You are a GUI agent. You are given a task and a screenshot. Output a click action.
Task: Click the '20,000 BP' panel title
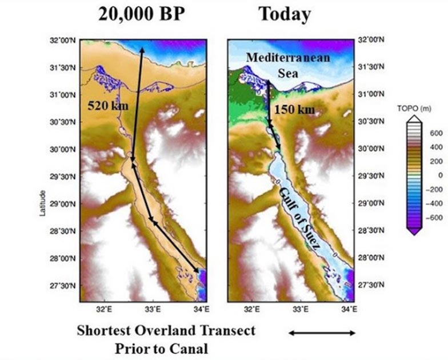(142, 13)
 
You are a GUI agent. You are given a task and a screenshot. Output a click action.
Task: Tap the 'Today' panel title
(285, 13)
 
